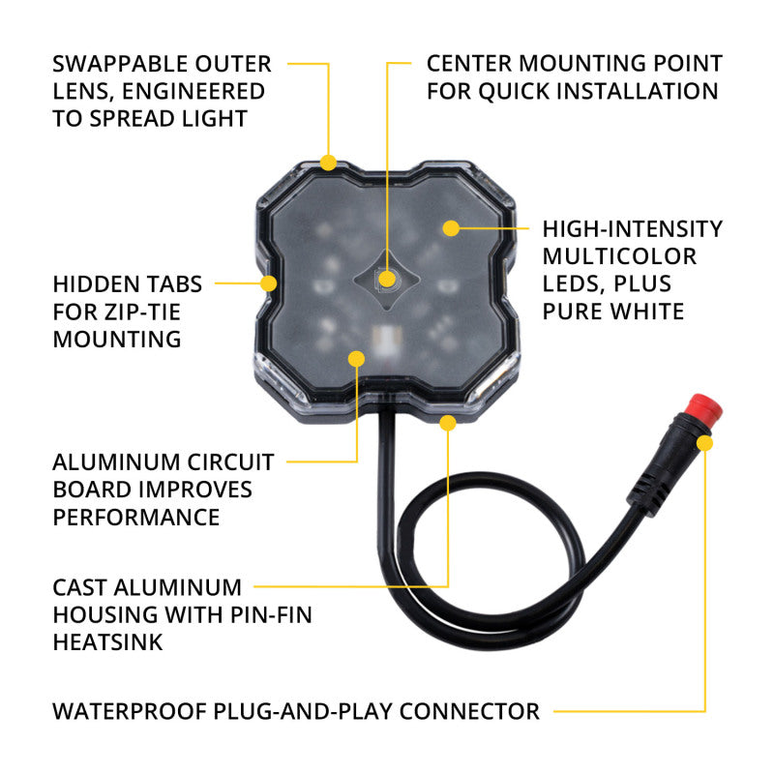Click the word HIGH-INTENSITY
(632, 229)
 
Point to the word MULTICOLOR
(618, 256)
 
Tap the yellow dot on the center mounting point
(387, 280)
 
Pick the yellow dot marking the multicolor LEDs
(450, 228)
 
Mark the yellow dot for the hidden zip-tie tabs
(268, 283)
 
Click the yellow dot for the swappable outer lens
(329, 162)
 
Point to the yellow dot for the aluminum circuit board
(355, 359)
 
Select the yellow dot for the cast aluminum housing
(447, 423)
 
